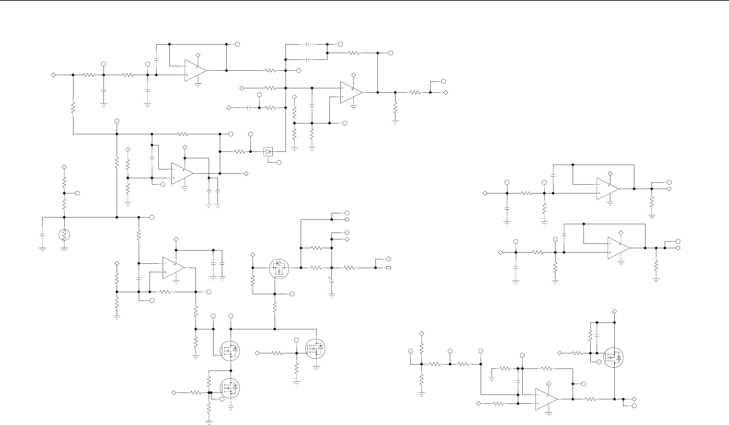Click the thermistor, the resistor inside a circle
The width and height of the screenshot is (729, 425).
click(64, 235)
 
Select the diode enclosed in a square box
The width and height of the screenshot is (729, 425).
click(268, 152)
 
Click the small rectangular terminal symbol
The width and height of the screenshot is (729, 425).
click(389, 268)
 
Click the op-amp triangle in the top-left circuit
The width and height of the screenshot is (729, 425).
click(195, 70)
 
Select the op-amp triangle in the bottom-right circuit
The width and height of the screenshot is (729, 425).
click(546, 399)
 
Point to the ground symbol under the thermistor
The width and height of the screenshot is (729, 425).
click(64, 249)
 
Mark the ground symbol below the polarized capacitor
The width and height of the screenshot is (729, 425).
click(332, 296)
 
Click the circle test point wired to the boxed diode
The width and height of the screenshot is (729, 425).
click(279, 163)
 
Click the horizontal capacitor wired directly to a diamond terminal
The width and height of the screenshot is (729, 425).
click(248, 108)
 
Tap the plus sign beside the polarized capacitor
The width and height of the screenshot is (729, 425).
click(329, 278)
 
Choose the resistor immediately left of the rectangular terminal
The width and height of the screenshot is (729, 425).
click(350, 268)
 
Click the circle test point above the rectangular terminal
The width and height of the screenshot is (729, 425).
click(389, 259)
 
